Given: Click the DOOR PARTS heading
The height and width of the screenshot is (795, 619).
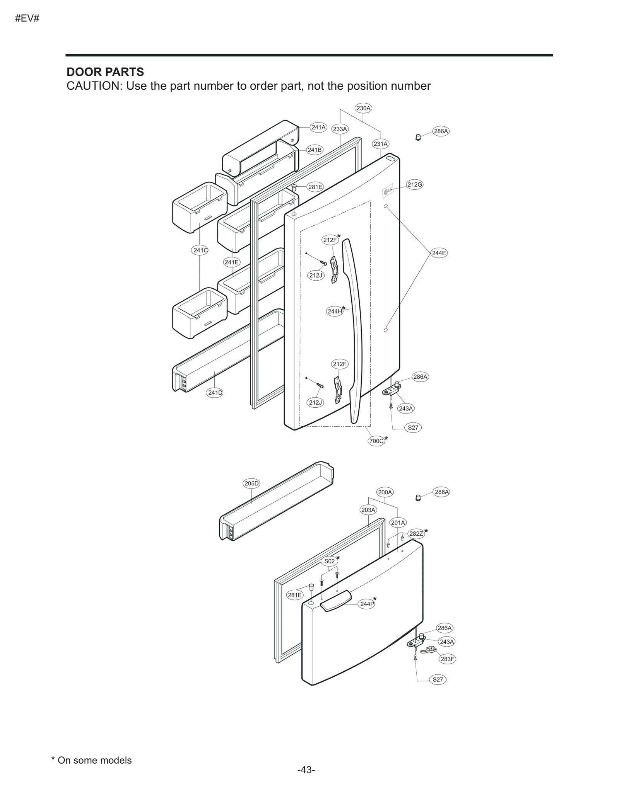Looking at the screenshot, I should click(x=105, y=72).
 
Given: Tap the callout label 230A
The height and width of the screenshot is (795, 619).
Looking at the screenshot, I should click(x=363, y=108).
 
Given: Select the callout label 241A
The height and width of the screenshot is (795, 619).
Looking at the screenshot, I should click(x=318, y=127).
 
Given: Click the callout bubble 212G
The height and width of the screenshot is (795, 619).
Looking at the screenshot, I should click(x=414, y=184).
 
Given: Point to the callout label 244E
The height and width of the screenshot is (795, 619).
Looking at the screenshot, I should click(x=439, y=253).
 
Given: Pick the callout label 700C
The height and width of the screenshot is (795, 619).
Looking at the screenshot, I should click(x=376, y=441).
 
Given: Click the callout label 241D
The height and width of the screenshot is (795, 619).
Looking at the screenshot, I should click(x=215, y=393).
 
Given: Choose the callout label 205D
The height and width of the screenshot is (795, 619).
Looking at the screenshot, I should click(x=251, y=483).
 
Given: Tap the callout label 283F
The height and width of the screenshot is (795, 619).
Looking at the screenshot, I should click(x=447, y=659).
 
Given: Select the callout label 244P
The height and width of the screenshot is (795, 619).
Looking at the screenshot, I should click(x=367, y=604).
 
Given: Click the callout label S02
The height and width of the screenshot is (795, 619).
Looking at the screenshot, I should click(x=329, y=561).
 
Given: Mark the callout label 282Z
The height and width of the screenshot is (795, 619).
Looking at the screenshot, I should click(x=416, y=534).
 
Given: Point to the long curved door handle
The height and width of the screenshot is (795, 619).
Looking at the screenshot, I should click(x=354, y=329).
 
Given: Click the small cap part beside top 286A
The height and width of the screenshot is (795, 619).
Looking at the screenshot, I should click(x=418, y=137).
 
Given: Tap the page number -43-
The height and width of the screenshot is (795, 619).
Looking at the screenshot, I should click(x=306, y=781).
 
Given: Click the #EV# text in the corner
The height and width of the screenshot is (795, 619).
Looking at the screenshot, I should click(x=27, y=18).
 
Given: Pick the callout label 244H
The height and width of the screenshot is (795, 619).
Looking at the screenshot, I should click(x=335, y=311).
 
